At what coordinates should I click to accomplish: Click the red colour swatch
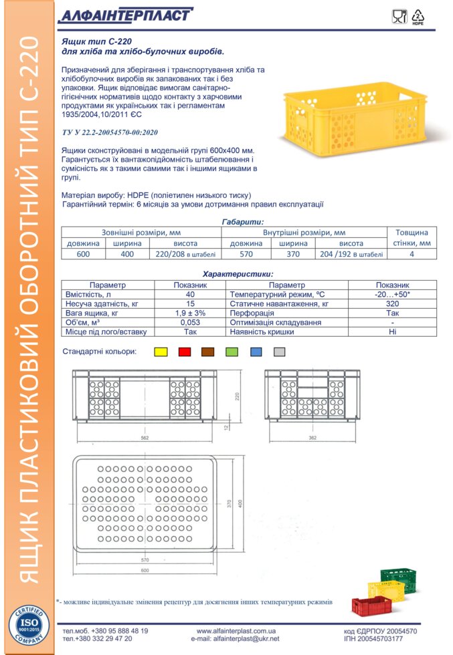[185, 352]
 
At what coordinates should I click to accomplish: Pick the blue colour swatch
[256, 352]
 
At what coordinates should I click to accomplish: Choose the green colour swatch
[232, 352]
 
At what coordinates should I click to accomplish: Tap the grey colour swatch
[280, 352]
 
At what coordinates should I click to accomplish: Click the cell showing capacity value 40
[190, 294]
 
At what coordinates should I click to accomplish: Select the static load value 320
[392, 303]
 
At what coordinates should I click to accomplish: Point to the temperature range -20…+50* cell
[392, 294]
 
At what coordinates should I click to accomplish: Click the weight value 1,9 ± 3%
[190, 313]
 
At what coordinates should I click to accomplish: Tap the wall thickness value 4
[412, 254]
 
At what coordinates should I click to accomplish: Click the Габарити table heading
[242, 222]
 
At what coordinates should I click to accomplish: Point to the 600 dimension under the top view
[145, 570]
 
